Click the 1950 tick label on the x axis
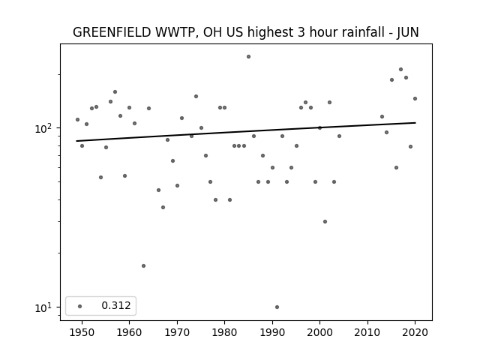click(82, 332)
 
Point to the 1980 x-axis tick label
click(224, 332)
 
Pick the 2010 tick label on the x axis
click(367, 332)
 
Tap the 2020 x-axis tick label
click(415, 332)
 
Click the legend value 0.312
click(116, 305)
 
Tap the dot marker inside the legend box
click(80, 306)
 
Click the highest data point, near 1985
click(248, 57)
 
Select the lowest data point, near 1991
click(277, 307)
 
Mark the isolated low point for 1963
click(143, 265)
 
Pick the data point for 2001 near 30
click(325, 222)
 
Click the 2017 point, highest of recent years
click(401, 70)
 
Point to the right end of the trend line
click(415, 123)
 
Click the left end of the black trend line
click(76, 141)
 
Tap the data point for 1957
click(115, 91)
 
